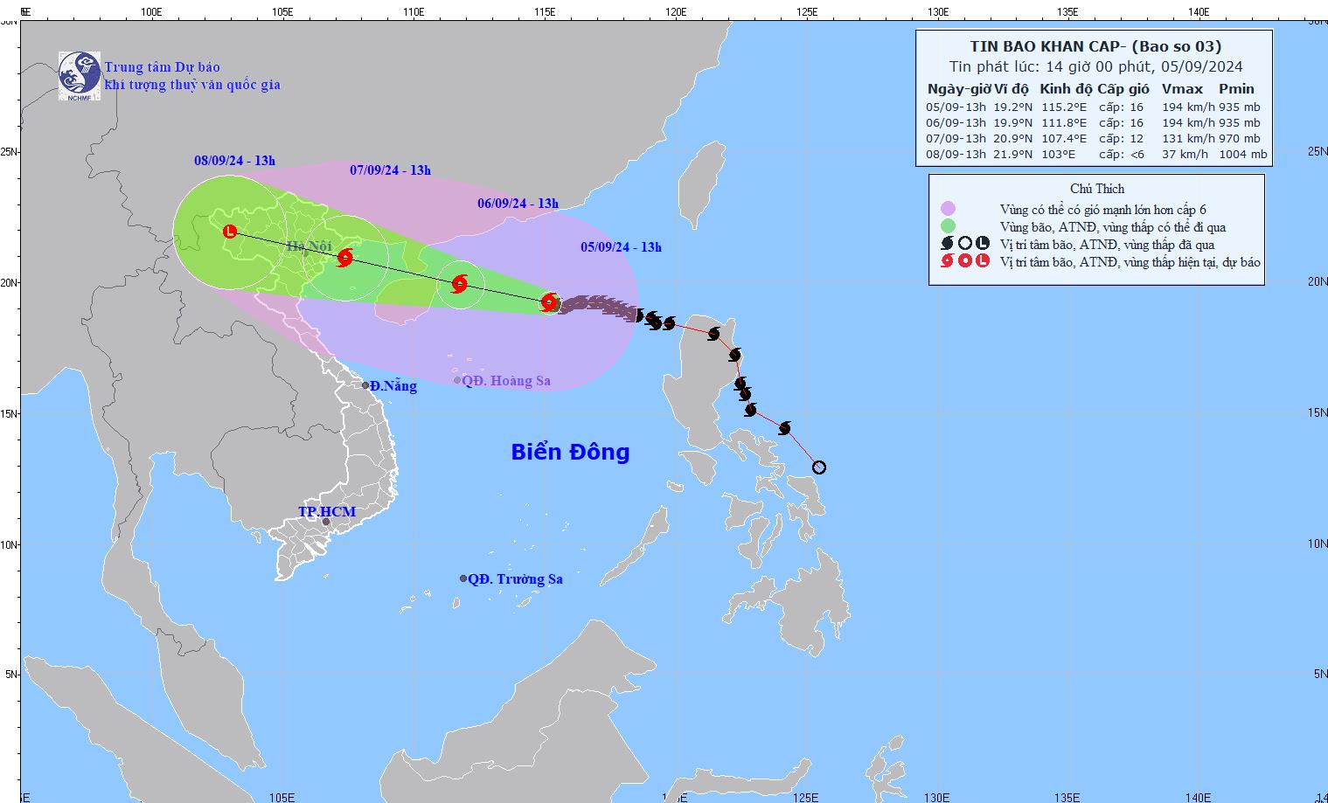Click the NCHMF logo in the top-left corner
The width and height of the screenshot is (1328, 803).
pyautogui.click(x=79, y=75)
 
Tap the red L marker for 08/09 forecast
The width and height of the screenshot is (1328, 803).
pyautogui.click(x=230, y=232)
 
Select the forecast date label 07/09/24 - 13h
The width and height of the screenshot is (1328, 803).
pyautogui.click(x=390, y=170)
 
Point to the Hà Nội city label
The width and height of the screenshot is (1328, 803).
pyautogui.click(x=309, y=247)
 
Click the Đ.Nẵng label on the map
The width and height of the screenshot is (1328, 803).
pyautogui.click(x=393, y=386)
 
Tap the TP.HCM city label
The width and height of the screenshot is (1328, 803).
pyautogui.click(x=327, y=511)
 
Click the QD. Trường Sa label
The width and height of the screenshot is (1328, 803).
pyautogui.click(x=515, y=578)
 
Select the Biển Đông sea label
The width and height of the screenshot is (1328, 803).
pyautogui.click(x=570, y=452)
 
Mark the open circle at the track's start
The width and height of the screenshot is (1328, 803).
pyautogui.click(x=818, y=467)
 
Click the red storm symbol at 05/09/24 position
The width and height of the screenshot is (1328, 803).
pyautogui.click(x=549, y=302)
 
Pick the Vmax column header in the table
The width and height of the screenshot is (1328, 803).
pyautogui.click(x=1182, y=89)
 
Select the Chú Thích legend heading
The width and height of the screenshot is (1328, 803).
pyautogui.click(x=1097, y=189)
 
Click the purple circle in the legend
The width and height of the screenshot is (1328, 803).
pyautogui.click(x=948, y=209)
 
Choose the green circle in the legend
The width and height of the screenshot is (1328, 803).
pyautogui.click(x=948, y=227)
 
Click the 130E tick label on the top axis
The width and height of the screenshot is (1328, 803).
pyautogui.click(x=937, y=12)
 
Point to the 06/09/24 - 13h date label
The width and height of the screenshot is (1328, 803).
pyautogui.click(x=518, y=204)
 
